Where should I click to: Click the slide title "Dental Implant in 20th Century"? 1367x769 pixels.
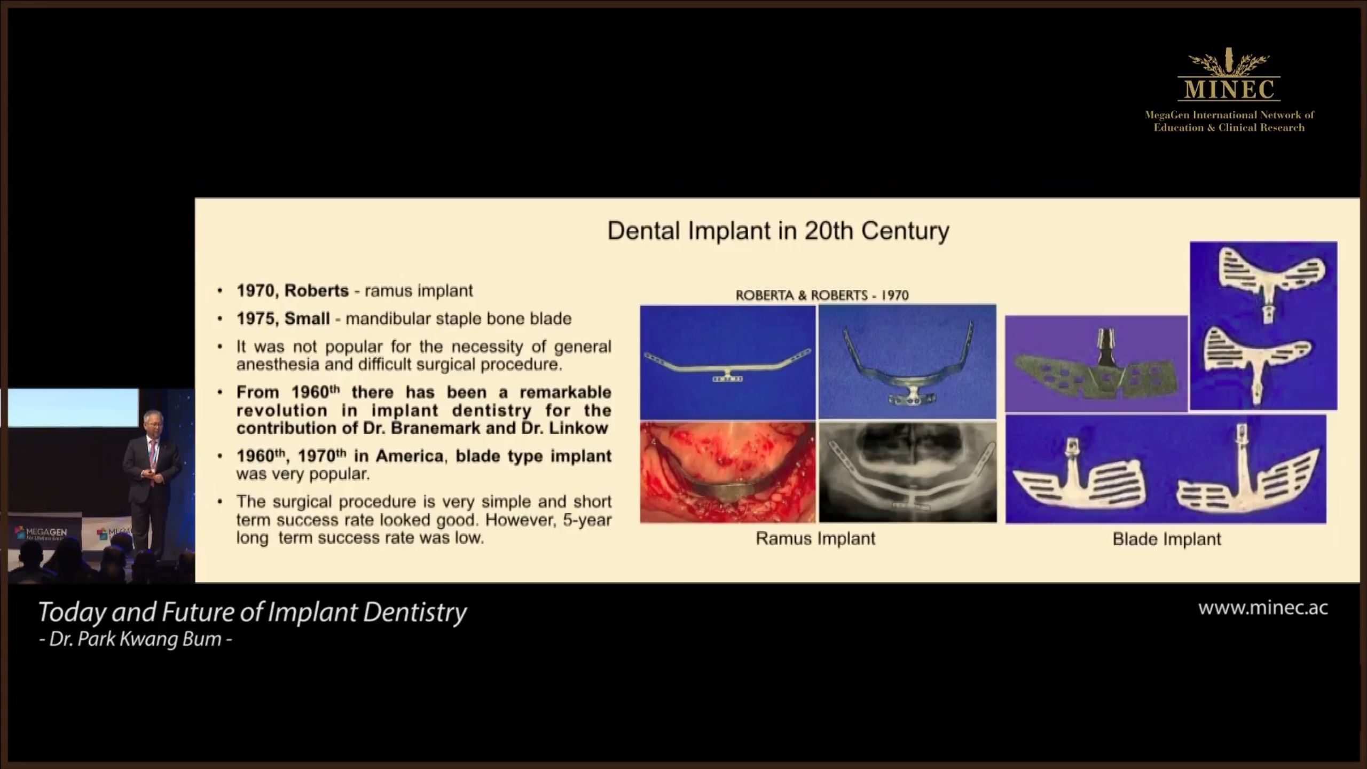tap(778, 231)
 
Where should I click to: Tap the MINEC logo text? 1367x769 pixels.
tap(1229, 89)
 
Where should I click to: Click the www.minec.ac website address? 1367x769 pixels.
tap(1263, 608)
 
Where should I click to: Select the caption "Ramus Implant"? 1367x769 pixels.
tap(815, 538)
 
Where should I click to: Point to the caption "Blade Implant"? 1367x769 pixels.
tap(1167, 539)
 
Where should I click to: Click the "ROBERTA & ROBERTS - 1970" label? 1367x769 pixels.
tap(822, 295)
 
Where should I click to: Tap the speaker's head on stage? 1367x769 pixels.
tap(151, 420)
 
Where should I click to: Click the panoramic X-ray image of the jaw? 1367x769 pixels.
tap(908, 472)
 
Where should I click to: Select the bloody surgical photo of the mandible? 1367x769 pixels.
tap(728, 472)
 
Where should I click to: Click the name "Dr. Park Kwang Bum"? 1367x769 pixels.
tap(136, 639)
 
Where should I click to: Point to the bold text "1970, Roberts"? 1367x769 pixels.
tap(293, 291)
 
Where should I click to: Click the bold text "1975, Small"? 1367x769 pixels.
tap(283, 319)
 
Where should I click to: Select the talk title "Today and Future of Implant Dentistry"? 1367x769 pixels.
tap(253, 613)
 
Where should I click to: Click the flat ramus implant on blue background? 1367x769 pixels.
tap(728, 362)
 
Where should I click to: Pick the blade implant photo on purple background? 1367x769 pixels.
tap(1096, 364)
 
